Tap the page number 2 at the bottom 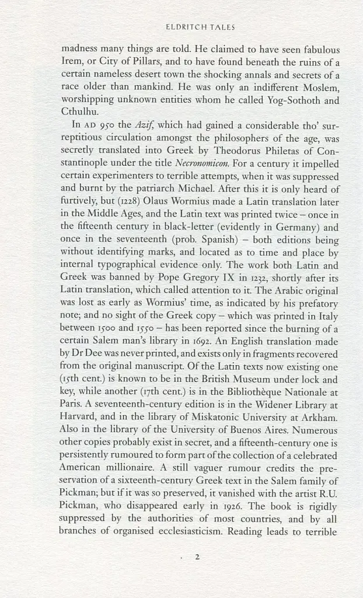point(197,557)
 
